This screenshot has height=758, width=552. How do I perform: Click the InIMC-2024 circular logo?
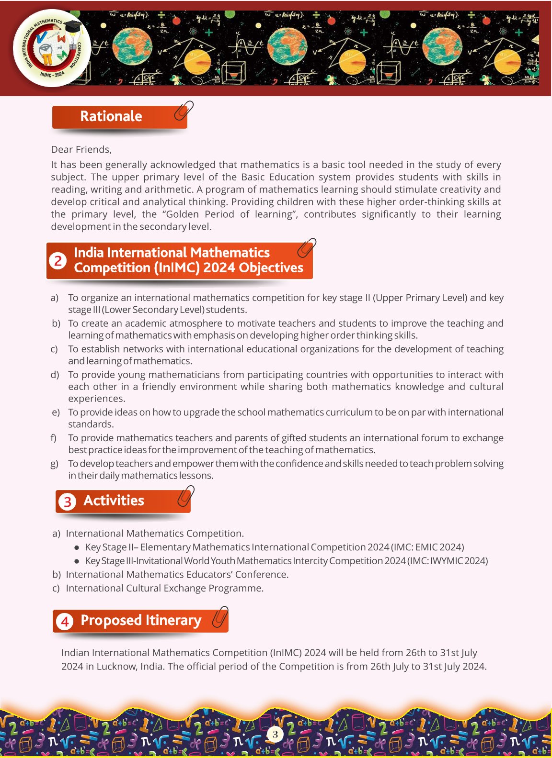[x=52, y=48]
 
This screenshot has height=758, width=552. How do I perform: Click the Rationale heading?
[x=111, y=116]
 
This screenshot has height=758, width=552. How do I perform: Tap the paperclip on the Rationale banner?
[x=184, y=111]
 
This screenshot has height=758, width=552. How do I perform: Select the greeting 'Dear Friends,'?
[x=81, y=150]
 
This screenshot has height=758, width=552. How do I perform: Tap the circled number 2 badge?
[x=58, y=261]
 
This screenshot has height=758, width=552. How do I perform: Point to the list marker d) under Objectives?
[x=55, y=375]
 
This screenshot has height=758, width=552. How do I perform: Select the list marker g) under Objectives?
[x=55, y=464]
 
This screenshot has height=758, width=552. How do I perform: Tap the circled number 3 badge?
[x=68, y=502]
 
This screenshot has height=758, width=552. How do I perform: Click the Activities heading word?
[x=114, y=501]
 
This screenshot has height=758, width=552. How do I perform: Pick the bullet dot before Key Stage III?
[x=77, y=561]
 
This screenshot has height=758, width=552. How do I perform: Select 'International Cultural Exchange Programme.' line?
[x=164, y=588]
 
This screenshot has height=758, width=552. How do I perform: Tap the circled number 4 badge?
[x=65, y=622]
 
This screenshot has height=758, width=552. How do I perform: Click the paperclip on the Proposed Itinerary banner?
[x=220, y=617]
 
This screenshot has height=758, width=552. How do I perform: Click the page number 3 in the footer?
[x=275, y=734]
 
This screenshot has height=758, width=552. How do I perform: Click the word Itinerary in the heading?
[x=173, y=620]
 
